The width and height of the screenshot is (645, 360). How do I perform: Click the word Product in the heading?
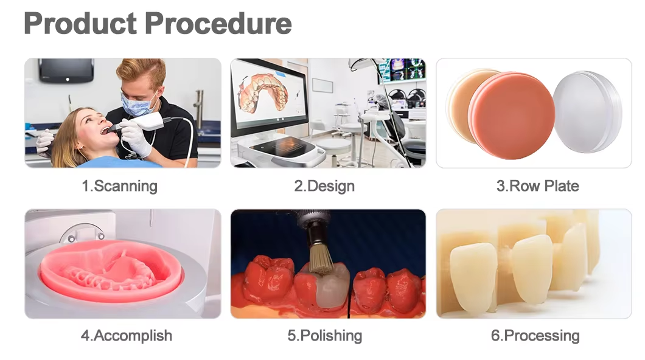(x=80, y=24)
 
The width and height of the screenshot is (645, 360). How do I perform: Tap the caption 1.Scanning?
(x=119, y=186)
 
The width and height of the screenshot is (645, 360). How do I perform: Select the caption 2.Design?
(x=324, y=186)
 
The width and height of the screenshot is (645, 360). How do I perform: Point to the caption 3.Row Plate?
(x=537, y=186)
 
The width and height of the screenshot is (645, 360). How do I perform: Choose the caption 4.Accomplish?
(x=127, y=336)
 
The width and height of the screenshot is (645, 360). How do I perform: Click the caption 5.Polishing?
(x=324, y=336)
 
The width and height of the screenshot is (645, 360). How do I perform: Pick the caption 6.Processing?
(x=535, y=336)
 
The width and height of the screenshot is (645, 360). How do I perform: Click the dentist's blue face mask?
(x=138, y=104)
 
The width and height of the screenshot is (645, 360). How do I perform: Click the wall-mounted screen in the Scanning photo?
(x=66, y=70)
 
